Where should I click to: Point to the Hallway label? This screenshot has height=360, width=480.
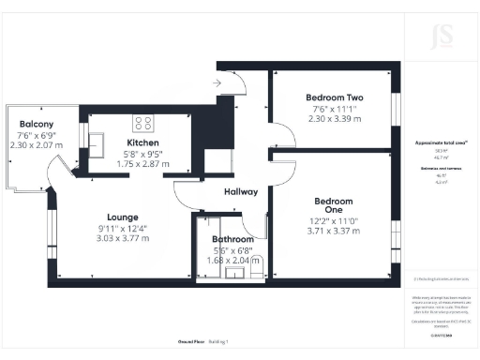click(241, 192)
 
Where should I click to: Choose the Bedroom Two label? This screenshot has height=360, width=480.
click(335, 97)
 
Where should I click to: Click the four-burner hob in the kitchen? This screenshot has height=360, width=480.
click(144, 122)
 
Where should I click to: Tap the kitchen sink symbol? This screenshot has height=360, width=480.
click(97, 141)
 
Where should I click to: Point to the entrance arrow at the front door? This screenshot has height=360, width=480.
click(217, 82)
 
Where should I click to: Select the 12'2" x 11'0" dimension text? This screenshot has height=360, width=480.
click(334, 221)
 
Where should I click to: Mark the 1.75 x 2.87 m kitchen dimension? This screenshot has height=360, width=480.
click(142, 164)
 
